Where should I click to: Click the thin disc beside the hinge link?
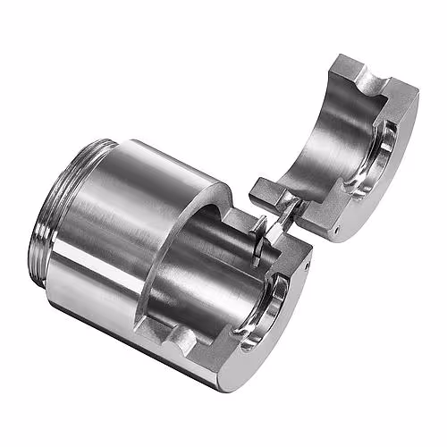pyautogui.click(x=259, y=234)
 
